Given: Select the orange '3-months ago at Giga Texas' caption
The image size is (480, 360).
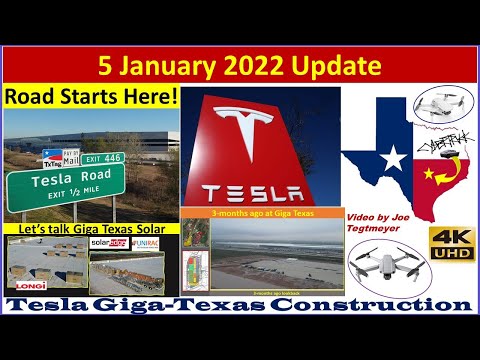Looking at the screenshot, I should (x=258, y=213).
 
